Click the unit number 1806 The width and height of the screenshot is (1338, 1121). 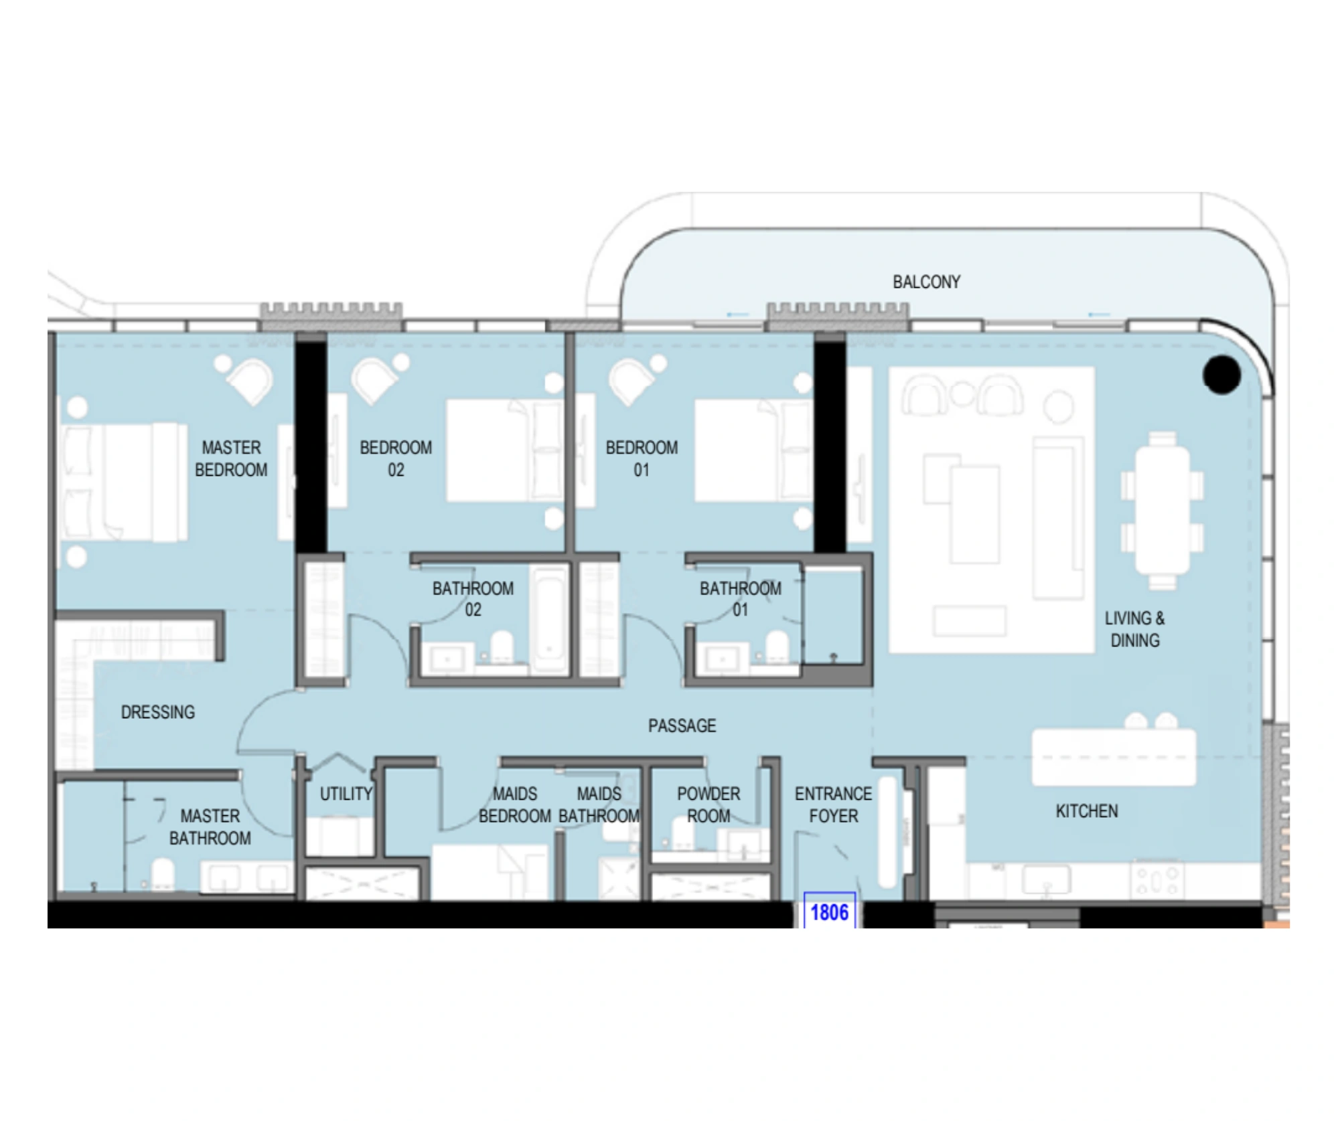click(x=829, y=912)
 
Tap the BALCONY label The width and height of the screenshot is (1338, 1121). click(x=926, y=282)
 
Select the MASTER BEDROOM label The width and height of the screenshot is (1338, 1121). click(x=231, y=458)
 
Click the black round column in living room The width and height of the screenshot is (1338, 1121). click(x=1221, y=375)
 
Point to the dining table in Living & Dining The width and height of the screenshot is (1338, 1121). click(x=1163, y=511)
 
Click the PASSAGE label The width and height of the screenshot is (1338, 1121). click(x=682, y=725)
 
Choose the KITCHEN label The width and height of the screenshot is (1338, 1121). click(x=1086, y=811)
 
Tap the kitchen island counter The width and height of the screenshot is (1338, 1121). click(x=1114, y=757)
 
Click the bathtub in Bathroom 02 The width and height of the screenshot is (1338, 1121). click(x=549, y=618)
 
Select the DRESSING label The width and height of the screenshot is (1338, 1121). click(x=158, y=712)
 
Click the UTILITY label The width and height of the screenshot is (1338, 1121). click(x=346, y=794)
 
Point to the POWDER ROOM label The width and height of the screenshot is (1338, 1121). click(x=709, y=804)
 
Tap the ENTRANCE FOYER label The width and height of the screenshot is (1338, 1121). click(x=833, y=804)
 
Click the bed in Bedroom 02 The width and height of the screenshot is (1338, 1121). click(x=505, y=450)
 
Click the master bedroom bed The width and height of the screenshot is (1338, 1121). click(x=125, y=481)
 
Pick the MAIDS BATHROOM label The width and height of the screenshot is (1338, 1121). click(x=599, y=804)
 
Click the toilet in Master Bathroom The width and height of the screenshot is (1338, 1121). click(x=163, y=874)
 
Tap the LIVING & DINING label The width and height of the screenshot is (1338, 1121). click(x=1134, y=629)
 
